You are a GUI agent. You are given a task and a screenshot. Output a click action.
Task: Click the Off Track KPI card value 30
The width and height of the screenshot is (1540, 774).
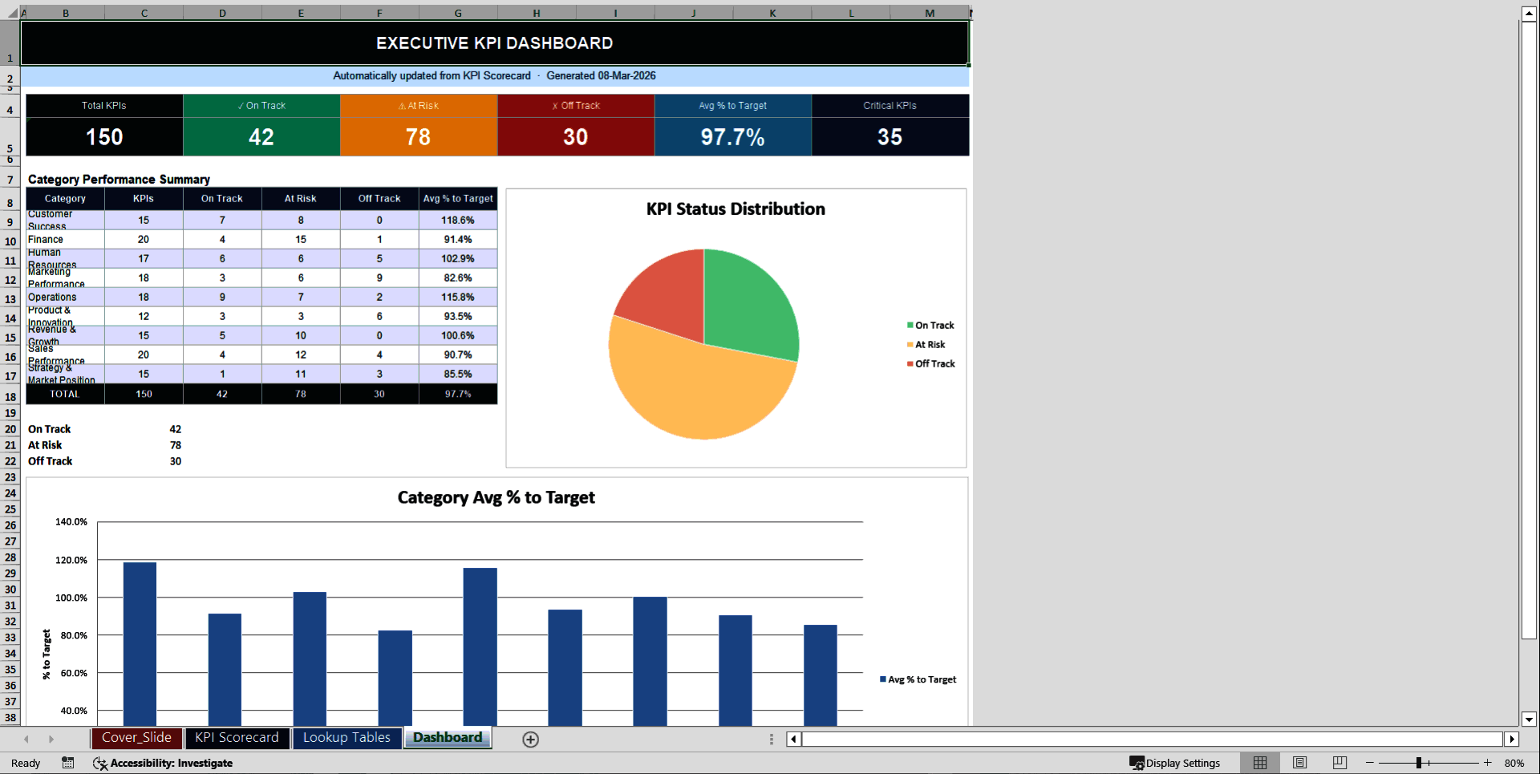[575, 137]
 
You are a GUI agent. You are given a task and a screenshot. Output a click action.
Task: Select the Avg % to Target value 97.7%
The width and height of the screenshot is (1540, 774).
[732, 137]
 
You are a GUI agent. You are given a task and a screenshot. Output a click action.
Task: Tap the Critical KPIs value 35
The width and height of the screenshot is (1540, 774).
[890, 137]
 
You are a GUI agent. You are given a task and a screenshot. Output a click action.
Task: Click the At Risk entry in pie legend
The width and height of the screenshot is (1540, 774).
[930, 345]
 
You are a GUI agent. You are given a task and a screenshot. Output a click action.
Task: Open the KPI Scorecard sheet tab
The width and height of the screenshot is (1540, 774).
[237, 738]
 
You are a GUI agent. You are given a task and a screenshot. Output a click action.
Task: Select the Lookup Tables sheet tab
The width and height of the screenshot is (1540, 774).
[346, 738]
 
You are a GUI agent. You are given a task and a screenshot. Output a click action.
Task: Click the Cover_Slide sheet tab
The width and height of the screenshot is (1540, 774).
[136, 738]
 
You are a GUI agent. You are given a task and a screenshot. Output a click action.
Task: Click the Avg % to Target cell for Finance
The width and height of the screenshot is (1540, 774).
[458, 240]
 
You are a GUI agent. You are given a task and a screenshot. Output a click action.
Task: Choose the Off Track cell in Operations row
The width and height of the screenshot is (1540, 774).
[379, 298]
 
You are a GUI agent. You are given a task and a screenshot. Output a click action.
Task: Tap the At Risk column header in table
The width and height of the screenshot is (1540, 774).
[301, 199]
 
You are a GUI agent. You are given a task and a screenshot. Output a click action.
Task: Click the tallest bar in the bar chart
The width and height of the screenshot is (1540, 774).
[140, 642]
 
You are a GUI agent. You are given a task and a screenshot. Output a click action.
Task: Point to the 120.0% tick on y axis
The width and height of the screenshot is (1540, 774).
[71, 560]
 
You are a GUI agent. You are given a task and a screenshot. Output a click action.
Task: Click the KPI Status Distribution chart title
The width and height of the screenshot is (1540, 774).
[736, 209]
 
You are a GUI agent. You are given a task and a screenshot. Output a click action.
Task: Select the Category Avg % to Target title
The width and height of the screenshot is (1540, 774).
[496, 498]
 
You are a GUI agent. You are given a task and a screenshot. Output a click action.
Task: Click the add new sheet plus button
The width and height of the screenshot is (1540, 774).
[530, 740]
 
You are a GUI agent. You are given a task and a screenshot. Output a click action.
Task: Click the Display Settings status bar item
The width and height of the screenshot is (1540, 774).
[1175, 764]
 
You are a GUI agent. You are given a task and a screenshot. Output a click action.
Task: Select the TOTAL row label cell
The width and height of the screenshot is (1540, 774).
[65, 395]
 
